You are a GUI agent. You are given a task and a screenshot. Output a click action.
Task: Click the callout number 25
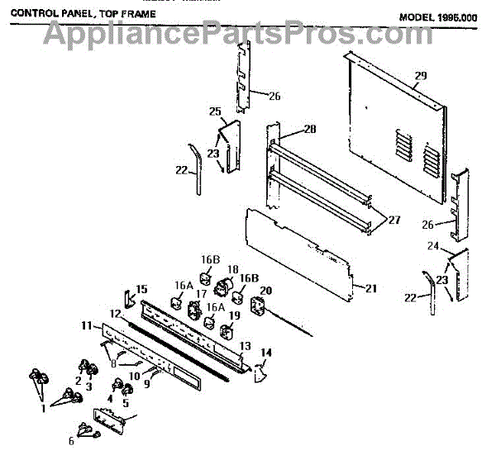215,111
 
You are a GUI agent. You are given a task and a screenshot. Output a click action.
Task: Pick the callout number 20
265,291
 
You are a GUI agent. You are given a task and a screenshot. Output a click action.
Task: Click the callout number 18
233,270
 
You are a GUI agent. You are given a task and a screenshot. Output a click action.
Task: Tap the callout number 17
201,292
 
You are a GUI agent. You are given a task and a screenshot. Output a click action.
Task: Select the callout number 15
141,289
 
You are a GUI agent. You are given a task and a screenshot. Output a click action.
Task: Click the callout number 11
87,327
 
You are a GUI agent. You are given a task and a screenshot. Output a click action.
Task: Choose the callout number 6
71,440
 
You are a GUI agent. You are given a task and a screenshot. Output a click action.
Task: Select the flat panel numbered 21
298,248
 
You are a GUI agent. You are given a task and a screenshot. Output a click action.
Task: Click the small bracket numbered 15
127,297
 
